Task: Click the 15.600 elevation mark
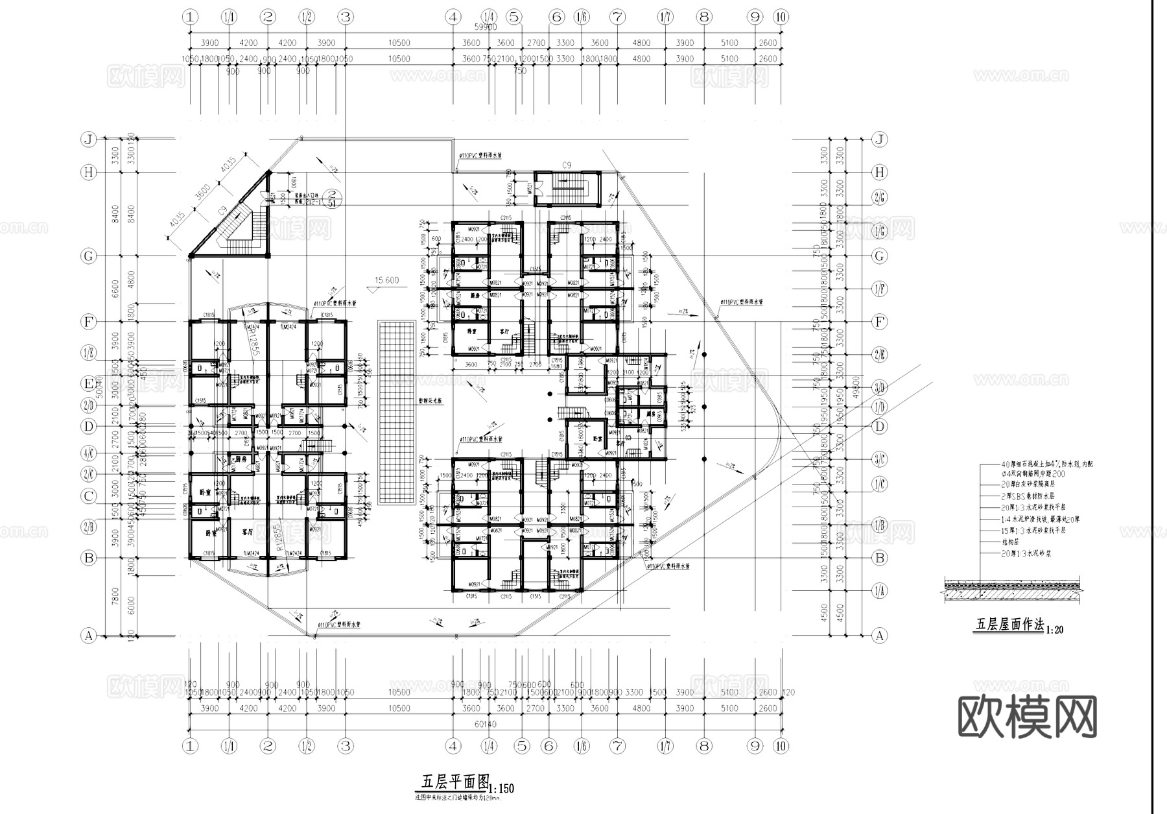(x=387, y=280)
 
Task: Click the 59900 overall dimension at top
(x=485, y=27)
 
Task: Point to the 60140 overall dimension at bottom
(x=485, y=724)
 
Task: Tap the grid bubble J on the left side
(x=89, y=139)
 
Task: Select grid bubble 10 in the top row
(x=781, y=17)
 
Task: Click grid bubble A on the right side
(x=879, y=636)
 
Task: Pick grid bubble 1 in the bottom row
(x=190, y=746)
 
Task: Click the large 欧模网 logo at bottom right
(x=1027, y=717)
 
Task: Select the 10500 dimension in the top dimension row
(x=399, y=43)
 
